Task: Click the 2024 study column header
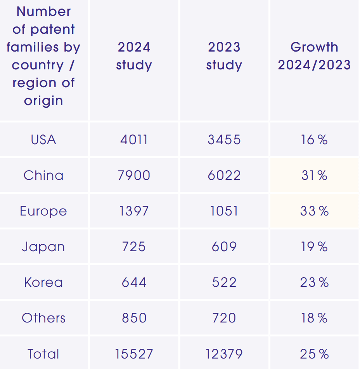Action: coord(134,56)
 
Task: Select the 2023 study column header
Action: coord(224,56)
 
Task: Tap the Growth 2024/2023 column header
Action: coord(314,56)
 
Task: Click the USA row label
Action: coord(43,140)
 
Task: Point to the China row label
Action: coord(43,175)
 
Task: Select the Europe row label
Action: coord(43,211)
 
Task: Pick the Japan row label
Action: coord(43,247)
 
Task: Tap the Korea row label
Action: coord(43,282)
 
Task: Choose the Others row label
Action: coord(43,318)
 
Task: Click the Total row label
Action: coord(43,353)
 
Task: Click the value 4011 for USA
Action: coord(134,140)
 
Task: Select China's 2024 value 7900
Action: coord(134,175)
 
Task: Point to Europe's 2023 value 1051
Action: coord(224,211)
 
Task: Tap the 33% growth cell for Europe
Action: coord(314,211)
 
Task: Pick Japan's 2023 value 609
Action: coord(224,247)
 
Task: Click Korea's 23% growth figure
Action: coord(314,282)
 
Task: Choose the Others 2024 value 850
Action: coord(134,318)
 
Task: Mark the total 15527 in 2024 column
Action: coord(134,353)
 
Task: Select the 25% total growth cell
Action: coord(314,353)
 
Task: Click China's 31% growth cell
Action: coord(314,175)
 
